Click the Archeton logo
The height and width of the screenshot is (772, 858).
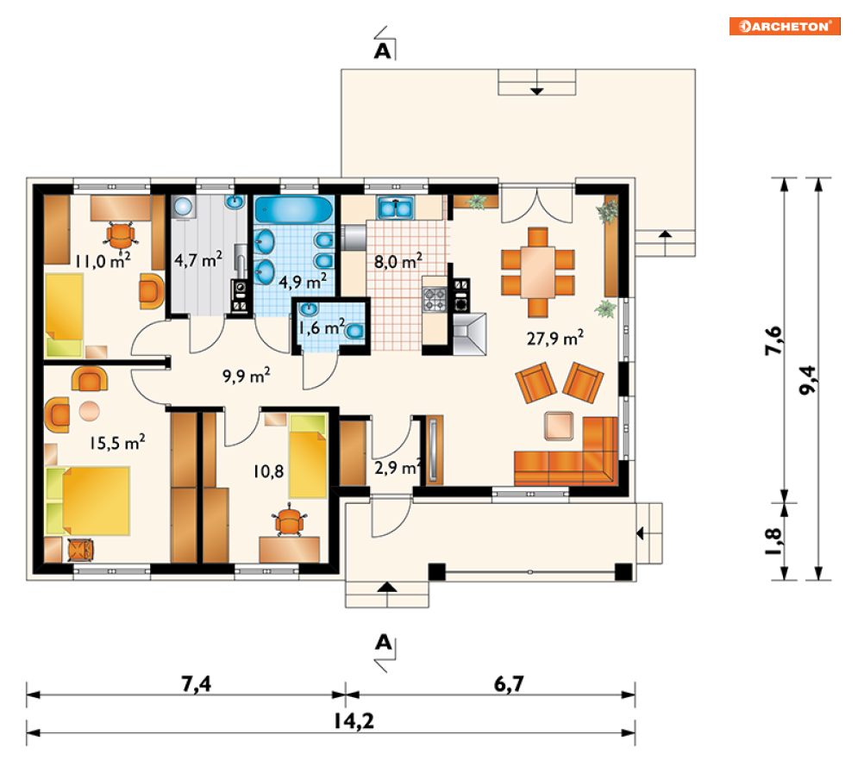[x=784, y=26]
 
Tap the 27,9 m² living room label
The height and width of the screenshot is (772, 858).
[x=554, y=338]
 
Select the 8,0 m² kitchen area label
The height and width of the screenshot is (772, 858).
[x=398, y=261]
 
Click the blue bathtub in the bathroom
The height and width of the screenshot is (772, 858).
[x=294, y=210]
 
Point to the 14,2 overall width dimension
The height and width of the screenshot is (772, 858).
[x=354, y=721]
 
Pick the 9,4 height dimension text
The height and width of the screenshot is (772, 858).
[x=808, y=379]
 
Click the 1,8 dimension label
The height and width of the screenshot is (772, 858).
[x=773, y=541]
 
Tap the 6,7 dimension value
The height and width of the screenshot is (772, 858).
[x=509, y=683]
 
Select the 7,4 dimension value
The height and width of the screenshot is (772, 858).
[x=196, y=683]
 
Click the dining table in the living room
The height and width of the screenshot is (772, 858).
[x=538, y=272]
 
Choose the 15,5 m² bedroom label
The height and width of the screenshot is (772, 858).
[x=117, y=442]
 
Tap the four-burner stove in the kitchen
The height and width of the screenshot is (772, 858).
[x=435, y=300]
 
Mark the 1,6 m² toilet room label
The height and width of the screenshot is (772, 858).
[x=322, y=327]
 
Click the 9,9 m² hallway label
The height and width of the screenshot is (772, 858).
[x=247, y=376]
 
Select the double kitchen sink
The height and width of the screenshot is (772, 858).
[x=396, y=209]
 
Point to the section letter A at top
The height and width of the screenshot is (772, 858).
[x=383, y=51]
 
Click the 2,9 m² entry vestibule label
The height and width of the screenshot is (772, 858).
[x=398, y=468]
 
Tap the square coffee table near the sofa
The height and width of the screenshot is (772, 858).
[x=559, y=426]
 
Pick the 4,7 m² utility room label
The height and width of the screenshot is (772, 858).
[x=198, y=259]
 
